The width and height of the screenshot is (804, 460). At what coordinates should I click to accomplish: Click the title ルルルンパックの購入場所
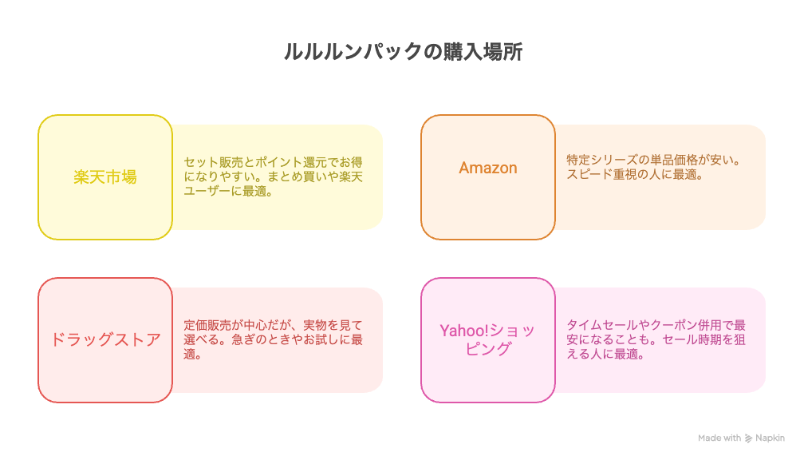pos(403,52)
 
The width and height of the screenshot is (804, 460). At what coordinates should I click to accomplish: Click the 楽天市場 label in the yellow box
pos(105,177)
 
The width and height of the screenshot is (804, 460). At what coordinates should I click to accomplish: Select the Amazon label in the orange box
pos(487,168)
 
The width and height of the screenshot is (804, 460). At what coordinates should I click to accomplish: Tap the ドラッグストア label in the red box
pos(105,340)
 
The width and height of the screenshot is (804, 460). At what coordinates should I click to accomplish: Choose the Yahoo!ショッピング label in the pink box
pos(487,339)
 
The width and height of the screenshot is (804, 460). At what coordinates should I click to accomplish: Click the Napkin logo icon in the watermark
pos(749,438)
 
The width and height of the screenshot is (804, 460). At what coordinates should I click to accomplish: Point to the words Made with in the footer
pos(719,438)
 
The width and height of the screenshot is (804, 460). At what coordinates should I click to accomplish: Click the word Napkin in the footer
pos(770,438)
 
